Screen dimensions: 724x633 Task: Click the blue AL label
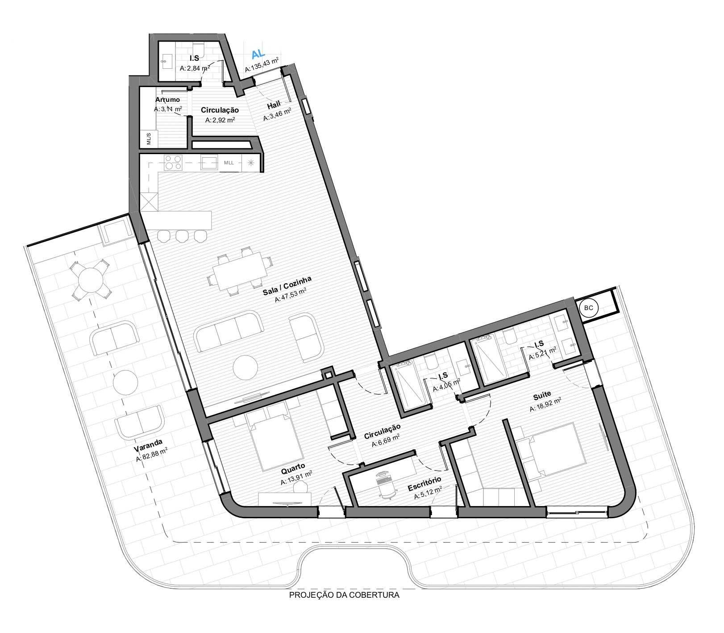pos(258,54)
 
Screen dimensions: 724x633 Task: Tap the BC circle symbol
pos(589,308)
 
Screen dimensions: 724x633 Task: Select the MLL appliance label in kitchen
pos(229,163)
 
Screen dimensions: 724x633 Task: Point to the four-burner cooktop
pos(173,163)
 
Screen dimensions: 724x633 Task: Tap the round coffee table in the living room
pos(245,367)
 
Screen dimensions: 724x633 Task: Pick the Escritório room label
pos(424,485)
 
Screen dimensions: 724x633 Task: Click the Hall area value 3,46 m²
pos(277,115)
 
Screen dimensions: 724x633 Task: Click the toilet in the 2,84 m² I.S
pos(199,50)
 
